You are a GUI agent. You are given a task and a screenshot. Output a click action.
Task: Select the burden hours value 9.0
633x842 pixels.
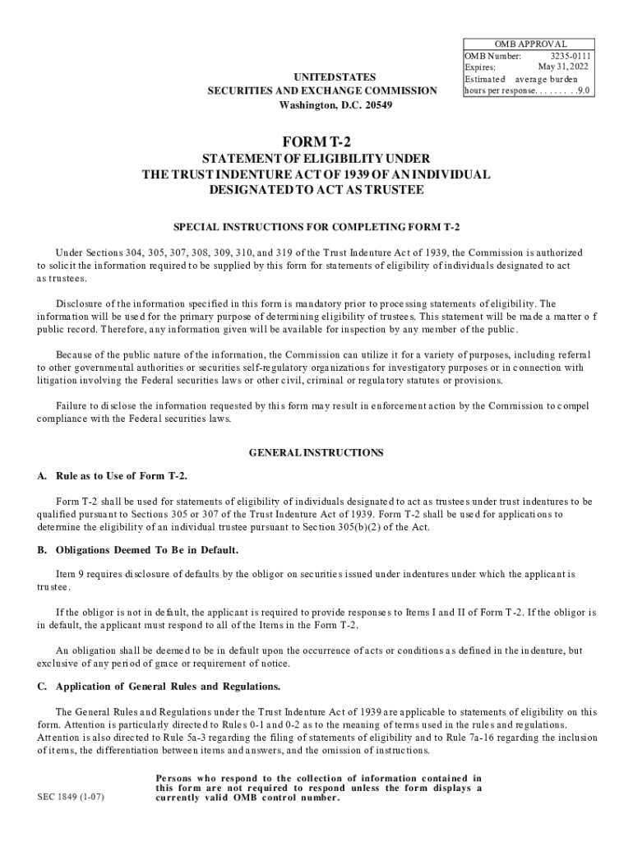point(583,90)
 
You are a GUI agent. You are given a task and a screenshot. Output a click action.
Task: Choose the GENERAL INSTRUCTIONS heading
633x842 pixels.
point(316,452)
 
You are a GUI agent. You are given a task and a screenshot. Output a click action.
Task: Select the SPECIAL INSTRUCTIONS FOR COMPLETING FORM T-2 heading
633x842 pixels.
point(316,226)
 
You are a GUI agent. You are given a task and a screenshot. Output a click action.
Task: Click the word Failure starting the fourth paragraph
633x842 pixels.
point(72,405)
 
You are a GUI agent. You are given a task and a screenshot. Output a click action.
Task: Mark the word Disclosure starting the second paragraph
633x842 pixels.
point(80,303)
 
